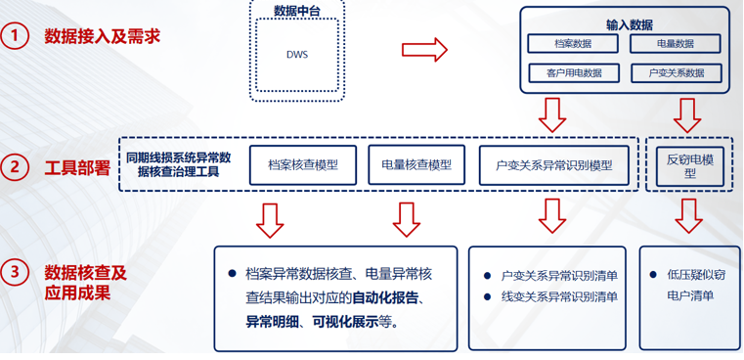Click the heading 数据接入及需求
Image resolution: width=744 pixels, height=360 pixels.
click(102, 38)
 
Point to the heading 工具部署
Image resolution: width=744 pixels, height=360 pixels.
click(78, 167)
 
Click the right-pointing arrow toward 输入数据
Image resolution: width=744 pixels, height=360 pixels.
click(424, 49)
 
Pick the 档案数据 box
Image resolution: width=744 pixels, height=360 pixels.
click(572, 44)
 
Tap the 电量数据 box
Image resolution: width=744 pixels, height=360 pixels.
click(676, 44)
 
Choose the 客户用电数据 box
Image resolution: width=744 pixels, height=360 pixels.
click(572, 72)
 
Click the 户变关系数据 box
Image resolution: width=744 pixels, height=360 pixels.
click(676, 72)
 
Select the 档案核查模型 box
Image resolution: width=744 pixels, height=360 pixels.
click(303, 165)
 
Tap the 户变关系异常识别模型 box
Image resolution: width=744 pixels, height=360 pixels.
click(554, 165)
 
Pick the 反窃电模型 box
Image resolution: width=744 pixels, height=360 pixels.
click(689, 163)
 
